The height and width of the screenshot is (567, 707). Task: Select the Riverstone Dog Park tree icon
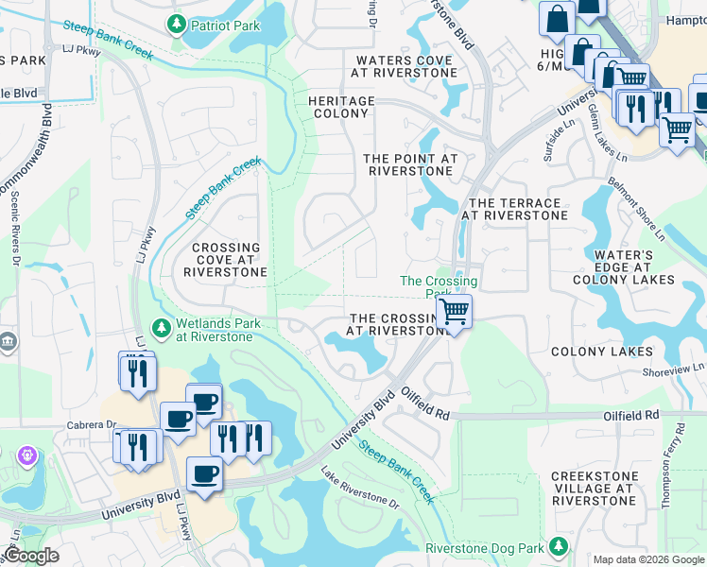560,547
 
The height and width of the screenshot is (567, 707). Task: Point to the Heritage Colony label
341,107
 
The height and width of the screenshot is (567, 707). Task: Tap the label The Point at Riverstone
410,164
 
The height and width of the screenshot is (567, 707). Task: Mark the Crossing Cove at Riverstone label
225,260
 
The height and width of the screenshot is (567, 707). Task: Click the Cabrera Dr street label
90,424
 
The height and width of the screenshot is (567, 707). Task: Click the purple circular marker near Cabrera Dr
26,456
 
